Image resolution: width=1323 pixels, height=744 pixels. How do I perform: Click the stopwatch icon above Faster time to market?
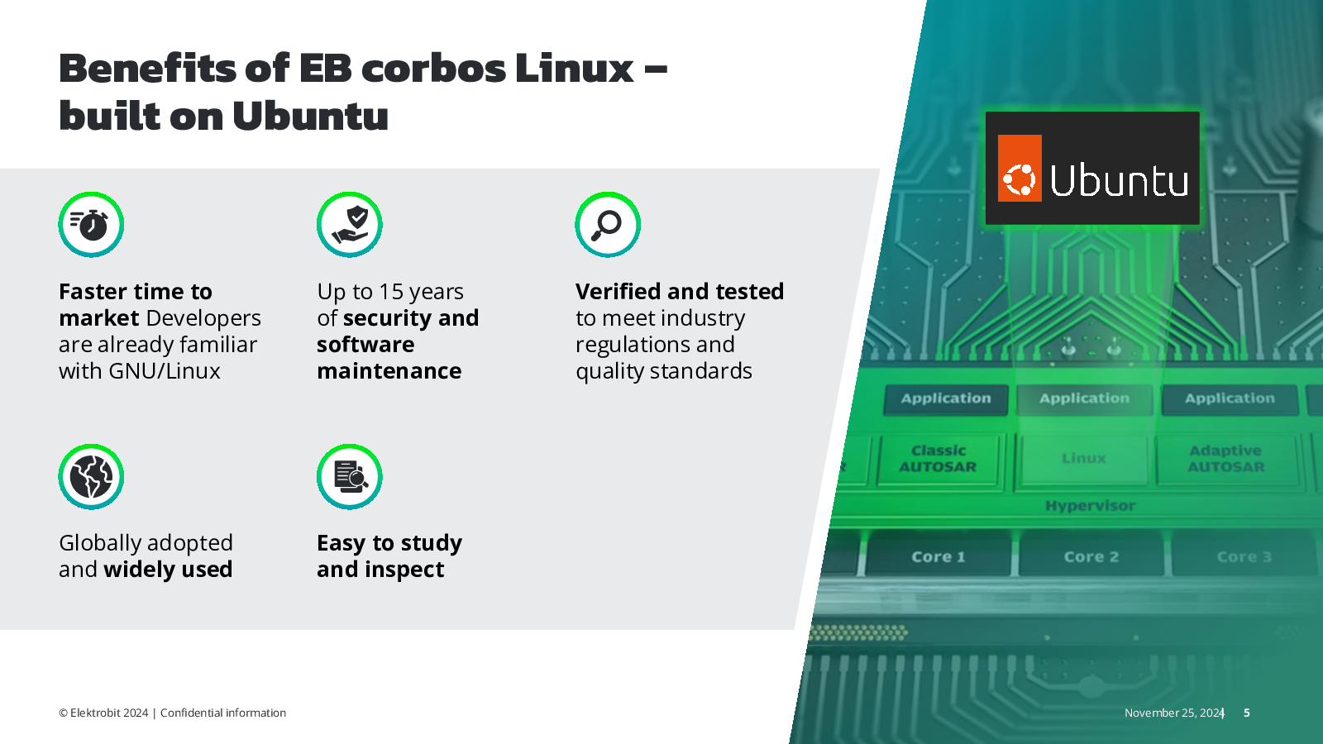click(x=91, y=225)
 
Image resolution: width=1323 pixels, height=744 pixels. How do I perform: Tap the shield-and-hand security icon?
click(x=350, y=225)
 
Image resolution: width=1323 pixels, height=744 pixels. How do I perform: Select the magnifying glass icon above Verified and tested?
click(x=608, y=225)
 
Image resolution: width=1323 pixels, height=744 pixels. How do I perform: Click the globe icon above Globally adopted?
click(x=91, y=477)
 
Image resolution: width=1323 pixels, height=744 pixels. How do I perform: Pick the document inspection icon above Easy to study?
click(x=350, y=477)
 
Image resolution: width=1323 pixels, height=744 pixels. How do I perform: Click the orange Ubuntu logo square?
click(x=1020, y=169)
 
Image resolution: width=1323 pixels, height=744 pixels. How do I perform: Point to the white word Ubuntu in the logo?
click(x=1119, y=180)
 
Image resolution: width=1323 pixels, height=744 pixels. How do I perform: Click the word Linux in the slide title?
click(x=574, y=69)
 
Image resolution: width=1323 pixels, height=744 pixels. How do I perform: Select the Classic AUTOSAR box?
click(x=938, y=459)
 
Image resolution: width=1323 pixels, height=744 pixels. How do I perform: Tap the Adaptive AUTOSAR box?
click(x=1226, y=459)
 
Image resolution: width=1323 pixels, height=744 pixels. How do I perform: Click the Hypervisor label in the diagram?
click(x=1090, y=506)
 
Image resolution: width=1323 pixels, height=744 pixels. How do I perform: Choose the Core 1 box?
click(x=939, y=557)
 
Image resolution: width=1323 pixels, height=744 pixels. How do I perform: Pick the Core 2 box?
click(x=1091, y=557)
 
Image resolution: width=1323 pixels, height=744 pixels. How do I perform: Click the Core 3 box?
click(x=1244, y=557)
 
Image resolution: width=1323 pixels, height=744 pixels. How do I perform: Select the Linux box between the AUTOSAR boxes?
click(x=1083, y=458)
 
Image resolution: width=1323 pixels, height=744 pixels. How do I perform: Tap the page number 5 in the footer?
click(x=1247, y=713)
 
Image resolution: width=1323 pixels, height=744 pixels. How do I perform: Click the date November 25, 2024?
click(x=1173, y=713)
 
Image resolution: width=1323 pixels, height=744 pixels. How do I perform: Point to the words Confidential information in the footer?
click(x=223, y=713)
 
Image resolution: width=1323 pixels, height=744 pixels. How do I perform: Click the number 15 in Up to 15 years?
click(x=391, y=292)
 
